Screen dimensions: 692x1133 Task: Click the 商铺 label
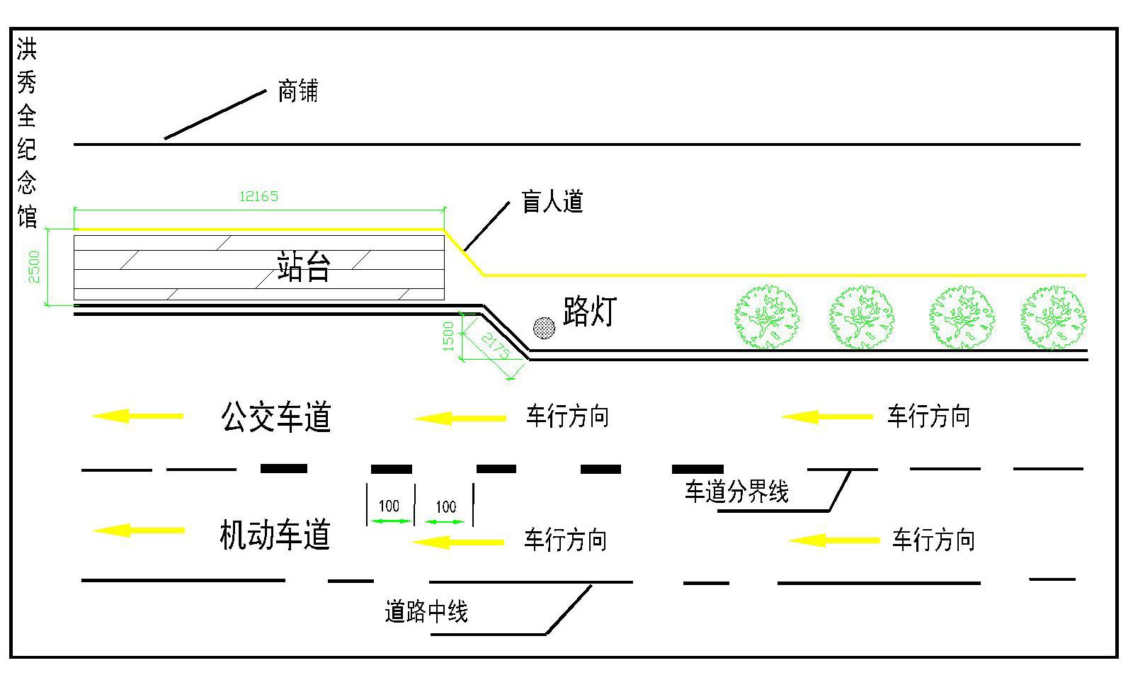[x=298, y=91]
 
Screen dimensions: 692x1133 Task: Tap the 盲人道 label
[x=552, y=202]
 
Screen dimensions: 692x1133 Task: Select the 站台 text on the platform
[x=304, y=268]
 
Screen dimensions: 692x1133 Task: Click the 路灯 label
[x=590, y=312]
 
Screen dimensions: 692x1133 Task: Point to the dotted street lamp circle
[x=544, y=327]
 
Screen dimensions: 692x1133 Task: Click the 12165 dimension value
[x=258, y=196]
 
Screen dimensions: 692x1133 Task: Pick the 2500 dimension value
[x=34, y=266]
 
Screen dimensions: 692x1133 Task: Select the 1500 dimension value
[x=448, y=336]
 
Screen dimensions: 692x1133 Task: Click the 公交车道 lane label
[x=276, y=417]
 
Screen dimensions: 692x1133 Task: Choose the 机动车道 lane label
[x=275, y=535]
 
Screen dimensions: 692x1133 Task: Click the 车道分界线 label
[x=736, y=492]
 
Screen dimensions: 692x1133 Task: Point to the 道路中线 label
[x=426, y=611]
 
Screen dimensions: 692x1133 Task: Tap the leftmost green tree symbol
[x=767, y=317]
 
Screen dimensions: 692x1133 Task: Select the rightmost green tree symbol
[x=1054, y=317]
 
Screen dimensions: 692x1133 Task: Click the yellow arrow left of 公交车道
[x=137, y=416]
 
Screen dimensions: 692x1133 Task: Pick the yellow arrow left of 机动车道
[x=139, y=530]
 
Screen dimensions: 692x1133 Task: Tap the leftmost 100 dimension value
[x=389, y=506]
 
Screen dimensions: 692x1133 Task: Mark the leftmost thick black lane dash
[x=284, y=468]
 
